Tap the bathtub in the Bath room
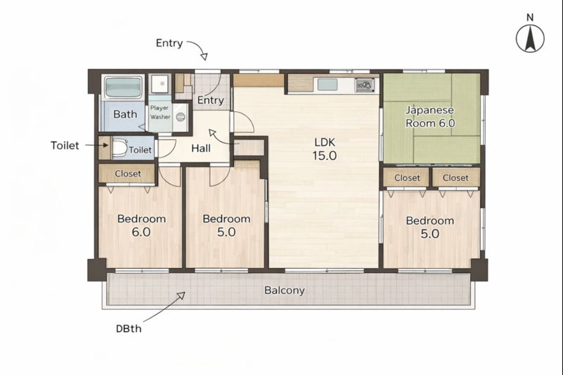(x=123, y=87)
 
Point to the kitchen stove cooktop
(x=365, y=85)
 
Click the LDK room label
(x=324, y=149)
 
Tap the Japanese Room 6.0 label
(x=430, y=117)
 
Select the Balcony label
(x=284, y=290)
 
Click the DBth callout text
(x=129, y=329)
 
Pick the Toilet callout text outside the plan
(x=65, y=145)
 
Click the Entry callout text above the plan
(x=169, y=43)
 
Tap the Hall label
(x=201, y=148)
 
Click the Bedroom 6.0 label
(x=141, y=225)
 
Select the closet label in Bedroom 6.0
(x=128, y=174)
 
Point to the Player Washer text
(x=160, y=112)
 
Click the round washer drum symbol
(x=181, y=117)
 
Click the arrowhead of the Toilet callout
(x=106, y=145)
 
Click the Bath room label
(x=125, y=114)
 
